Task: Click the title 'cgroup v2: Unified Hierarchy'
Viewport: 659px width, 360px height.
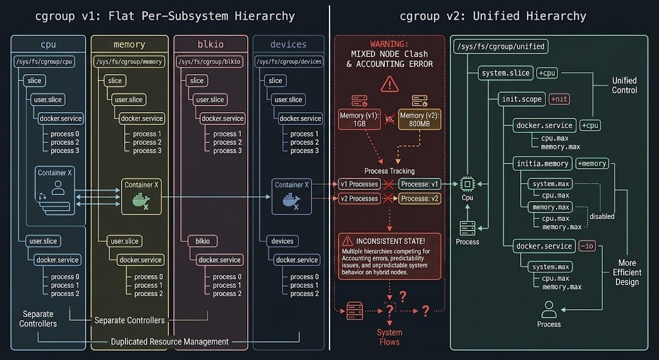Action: click(492, 16)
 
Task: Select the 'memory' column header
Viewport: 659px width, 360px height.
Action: click(129, 44)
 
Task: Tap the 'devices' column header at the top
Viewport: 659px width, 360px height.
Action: click(288, 44)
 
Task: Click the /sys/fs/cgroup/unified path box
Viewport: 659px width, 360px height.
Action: click(501, 46)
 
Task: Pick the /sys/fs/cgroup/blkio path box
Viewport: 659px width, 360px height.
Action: click(212, 62)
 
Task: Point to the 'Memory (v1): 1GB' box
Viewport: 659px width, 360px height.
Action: click(360, 120)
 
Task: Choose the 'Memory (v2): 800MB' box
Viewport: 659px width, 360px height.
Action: click(420, 120)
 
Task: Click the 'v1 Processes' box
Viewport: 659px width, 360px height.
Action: click(359, 184)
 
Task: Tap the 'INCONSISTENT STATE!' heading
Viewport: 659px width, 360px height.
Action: click(395, 241)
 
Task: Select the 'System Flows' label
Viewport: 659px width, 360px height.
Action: click(389, 337)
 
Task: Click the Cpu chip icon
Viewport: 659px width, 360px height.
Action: click(467, 184)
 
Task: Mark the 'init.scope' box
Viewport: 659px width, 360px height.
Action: click(521, 99)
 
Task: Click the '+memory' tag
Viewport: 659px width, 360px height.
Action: click(591, 164)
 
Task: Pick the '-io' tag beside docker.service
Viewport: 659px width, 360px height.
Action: click(587, 246)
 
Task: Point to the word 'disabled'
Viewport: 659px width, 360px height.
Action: click(602, 216)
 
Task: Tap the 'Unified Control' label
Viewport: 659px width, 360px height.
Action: click(624, 85)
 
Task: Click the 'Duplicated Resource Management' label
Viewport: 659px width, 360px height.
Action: click(169, 341)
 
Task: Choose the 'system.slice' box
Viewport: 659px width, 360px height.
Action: click(505, 73)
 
